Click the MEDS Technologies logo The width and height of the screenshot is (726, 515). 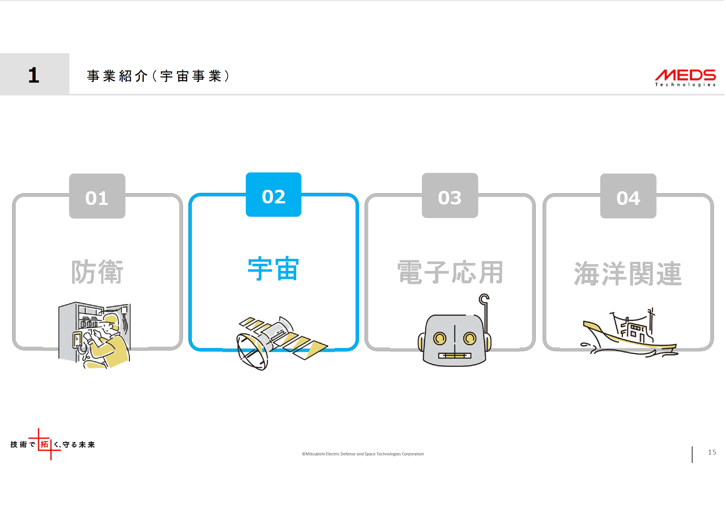(685, 77)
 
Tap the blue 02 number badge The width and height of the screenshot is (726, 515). (274, 195)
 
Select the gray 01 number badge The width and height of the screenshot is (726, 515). (97, 196)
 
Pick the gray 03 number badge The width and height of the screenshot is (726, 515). (450, 196)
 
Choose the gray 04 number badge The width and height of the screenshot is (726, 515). (628, 196)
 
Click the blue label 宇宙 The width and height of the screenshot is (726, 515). (274, 269)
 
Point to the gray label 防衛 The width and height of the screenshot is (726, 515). (97, 272)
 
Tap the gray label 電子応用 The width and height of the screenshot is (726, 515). (450, 272)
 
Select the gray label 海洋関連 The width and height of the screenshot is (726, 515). (628, 274)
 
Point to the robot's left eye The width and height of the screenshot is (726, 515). (440, 338)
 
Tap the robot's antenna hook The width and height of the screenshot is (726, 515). (484, 299)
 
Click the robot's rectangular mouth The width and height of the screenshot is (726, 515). (455, 355)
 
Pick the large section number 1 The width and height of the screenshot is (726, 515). (34, 75)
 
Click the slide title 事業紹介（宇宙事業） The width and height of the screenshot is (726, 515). (158, 76)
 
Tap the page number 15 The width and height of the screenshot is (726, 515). (712, 452)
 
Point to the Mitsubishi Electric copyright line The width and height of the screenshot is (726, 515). (363, 454)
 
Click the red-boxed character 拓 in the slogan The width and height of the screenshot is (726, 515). (45, 444)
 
